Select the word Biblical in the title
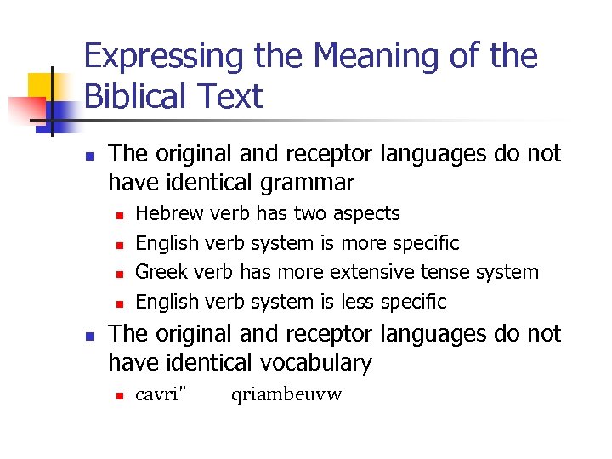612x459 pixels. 134,97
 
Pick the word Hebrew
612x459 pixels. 170,213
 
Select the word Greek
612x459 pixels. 162,272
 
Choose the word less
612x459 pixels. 358,302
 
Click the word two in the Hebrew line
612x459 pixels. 311,213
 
